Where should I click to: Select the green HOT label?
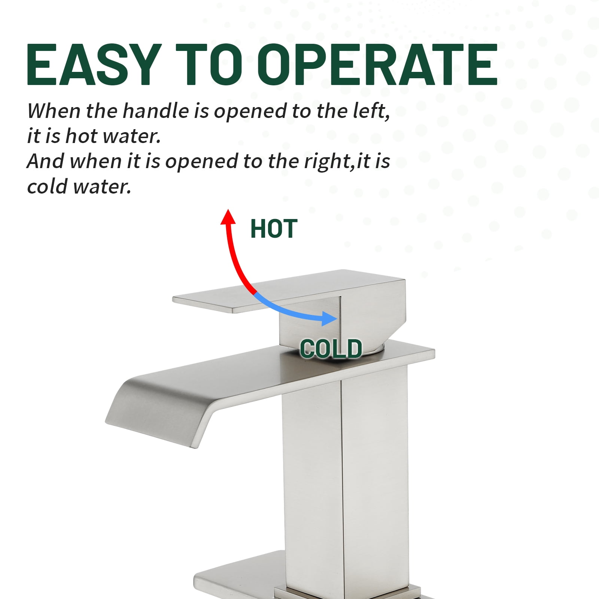(x=274, y=229)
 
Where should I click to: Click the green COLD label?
(x=331, y=349)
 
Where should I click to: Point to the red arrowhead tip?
(x=227, y=210)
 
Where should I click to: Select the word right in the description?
(x=328, y=162)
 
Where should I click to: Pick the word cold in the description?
(x=47, y=186)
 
